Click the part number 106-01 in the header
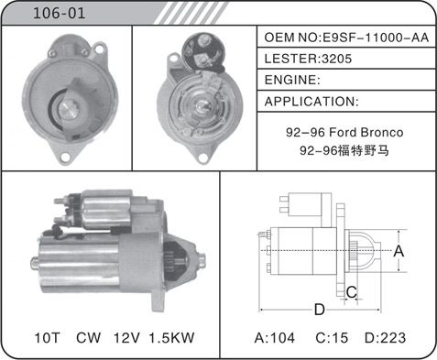[59, 14]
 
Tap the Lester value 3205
[337, 59]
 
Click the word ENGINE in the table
[290, 80]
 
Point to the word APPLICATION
[310, 102]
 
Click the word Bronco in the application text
[382, 132]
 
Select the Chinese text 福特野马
[364, 150]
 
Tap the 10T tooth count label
[47, 338]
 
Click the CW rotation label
[88, 338]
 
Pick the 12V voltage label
[126, 338]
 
